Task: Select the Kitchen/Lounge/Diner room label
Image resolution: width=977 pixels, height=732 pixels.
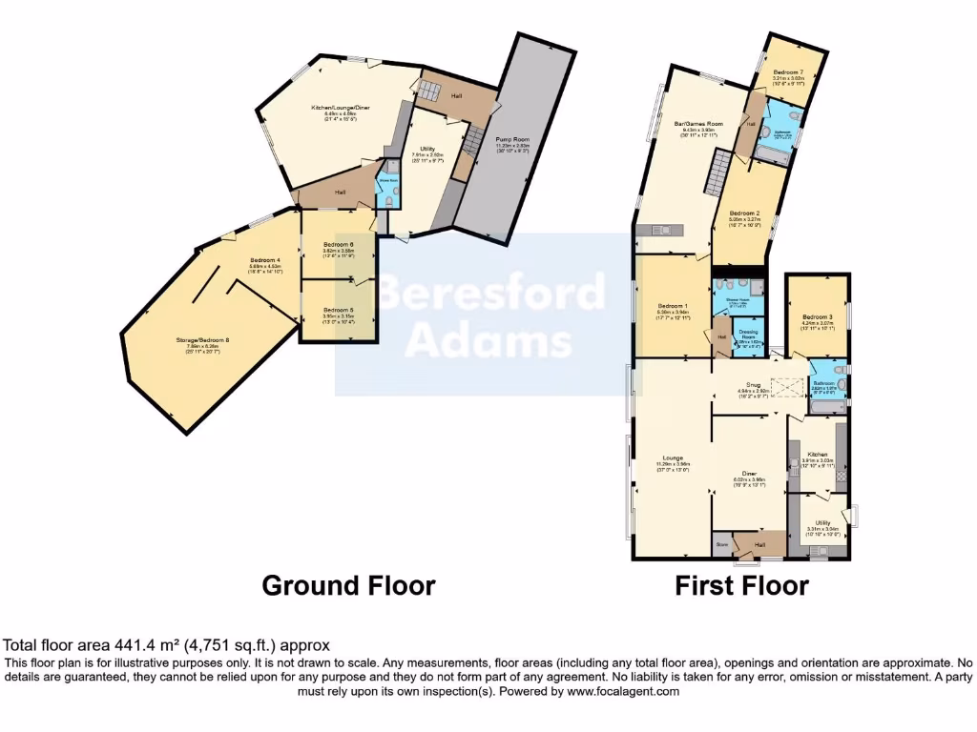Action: click(x=340, y=108)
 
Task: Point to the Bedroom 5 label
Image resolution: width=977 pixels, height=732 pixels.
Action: click(x=337, y=311)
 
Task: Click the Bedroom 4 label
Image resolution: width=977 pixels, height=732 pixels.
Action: click(x=265, y=260)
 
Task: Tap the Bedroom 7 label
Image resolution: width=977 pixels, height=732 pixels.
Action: click(x=788, y=72)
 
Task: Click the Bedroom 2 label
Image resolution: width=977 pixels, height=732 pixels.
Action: click(x=743, y=213)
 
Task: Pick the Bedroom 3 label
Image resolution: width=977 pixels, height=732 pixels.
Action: click(x=817, y=317)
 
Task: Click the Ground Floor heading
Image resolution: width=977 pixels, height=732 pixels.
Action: click(x=348, y=584)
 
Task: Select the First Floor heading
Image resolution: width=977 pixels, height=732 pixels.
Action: click(x=741, y=584)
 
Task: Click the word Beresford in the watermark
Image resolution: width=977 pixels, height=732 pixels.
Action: click(x=491, y=293)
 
